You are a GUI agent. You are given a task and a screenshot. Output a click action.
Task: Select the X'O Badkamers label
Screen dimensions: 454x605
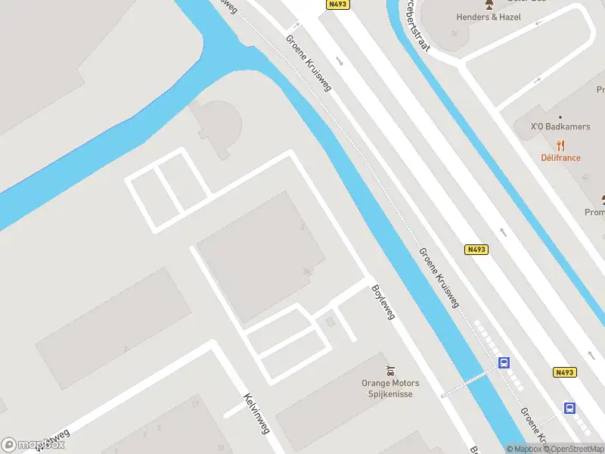(x=560, y=126)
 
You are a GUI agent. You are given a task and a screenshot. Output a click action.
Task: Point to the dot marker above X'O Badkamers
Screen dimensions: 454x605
(x=560, y=117)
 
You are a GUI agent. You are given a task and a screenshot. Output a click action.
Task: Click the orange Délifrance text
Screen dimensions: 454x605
(x=560, y=157)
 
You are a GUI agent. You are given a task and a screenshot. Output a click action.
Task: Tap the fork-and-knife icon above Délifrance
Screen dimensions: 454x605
(x=560, y=145)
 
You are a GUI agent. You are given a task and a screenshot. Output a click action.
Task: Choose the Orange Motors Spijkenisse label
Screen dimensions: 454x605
(x=390, y=388)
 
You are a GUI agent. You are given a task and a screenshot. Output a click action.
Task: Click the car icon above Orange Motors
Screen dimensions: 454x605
(x=390, y=371)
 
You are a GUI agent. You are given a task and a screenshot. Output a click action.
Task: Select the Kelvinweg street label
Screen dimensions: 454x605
(x=256, y=413)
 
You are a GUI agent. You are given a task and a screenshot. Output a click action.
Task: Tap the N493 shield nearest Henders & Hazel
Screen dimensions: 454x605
(x=338, y=5)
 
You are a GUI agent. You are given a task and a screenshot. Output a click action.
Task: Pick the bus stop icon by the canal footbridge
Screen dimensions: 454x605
(x=504, y=363)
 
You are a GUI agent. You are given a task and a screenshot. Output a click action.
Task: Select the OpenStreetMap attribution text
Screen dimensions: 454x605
(x=576, y=449)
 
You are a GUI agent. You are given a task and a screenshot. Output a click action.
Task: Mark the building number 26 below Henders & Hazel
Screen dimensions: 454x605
(x=454, y=34)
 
